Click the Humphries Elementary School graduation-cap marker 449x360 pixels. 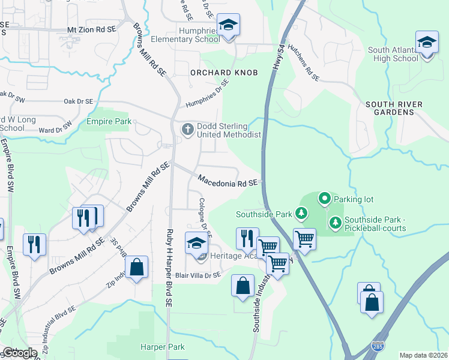(228, 25)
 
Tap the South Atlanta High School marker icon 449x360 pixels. (427, 43)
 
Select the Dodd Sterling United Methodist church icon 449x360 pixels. (187, 129)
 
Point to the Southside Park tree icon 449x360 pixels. (301, 213)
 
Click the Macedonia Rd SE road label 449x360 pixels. (228, 180)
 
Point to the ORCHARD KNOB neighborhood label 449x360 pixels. (224, 73)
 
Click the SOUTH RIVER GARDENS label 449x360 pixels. (394, 109)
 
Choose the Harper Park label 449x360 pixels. (162, 347)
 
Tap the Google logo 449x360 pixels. (19, 353)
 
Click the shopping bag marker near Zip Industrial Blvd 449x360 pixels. (137, 267)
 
